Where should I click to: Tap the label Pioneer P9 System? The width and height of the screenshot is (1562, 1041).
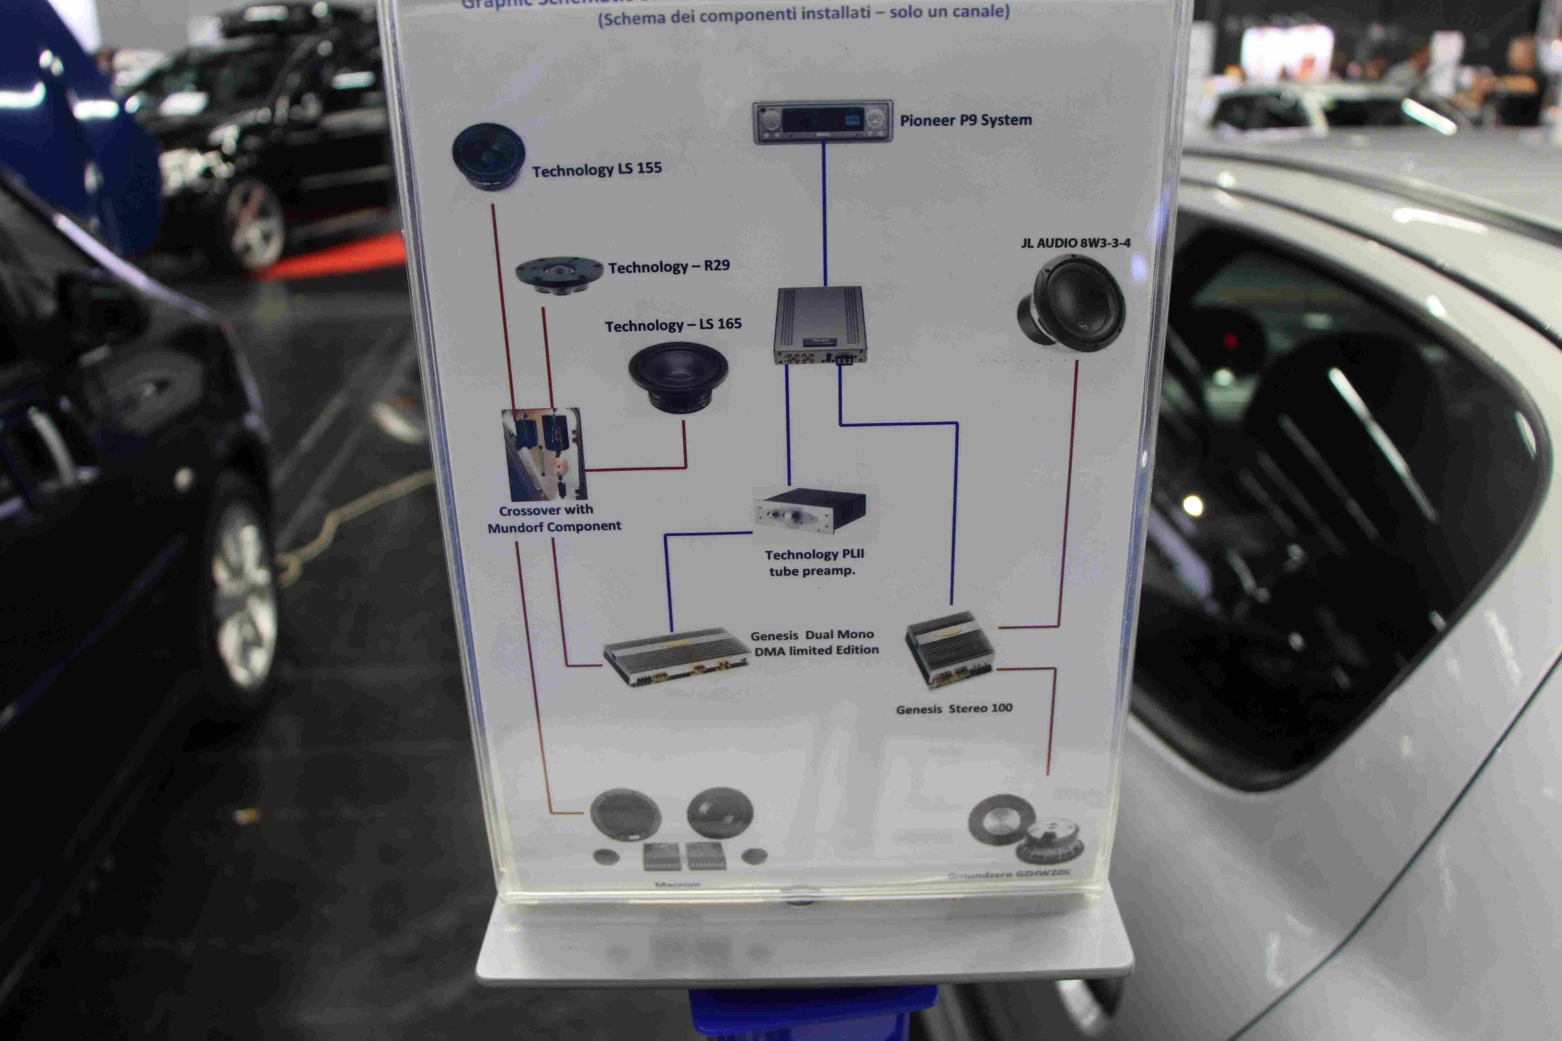(966, 120)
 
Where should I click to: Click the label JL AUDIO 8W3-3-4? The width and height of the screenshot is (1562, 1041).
(1075, 243)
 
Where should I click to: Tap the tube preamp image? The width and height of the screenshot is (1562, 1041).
(810, 510)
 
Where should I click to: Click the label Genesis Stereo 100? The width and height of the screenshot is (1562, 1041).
(954, 708)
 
